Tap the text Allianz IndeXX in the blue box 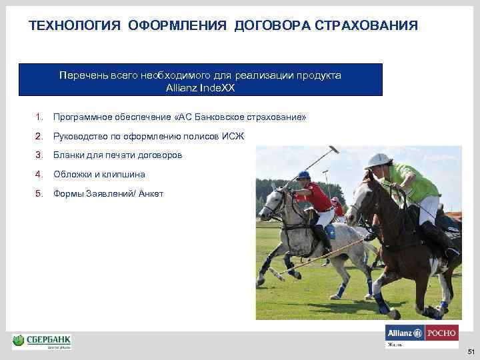pos(201,87)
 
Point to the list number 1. pos(39,117)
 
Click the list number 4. pos(39,174)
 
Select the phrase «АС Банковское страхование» pos(239,117)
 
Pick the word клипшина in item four pos(125,174)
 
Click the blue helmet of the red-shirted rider pos(304,175)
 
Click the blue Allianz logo pos(404,333)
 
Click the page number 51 pos(471,351)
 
